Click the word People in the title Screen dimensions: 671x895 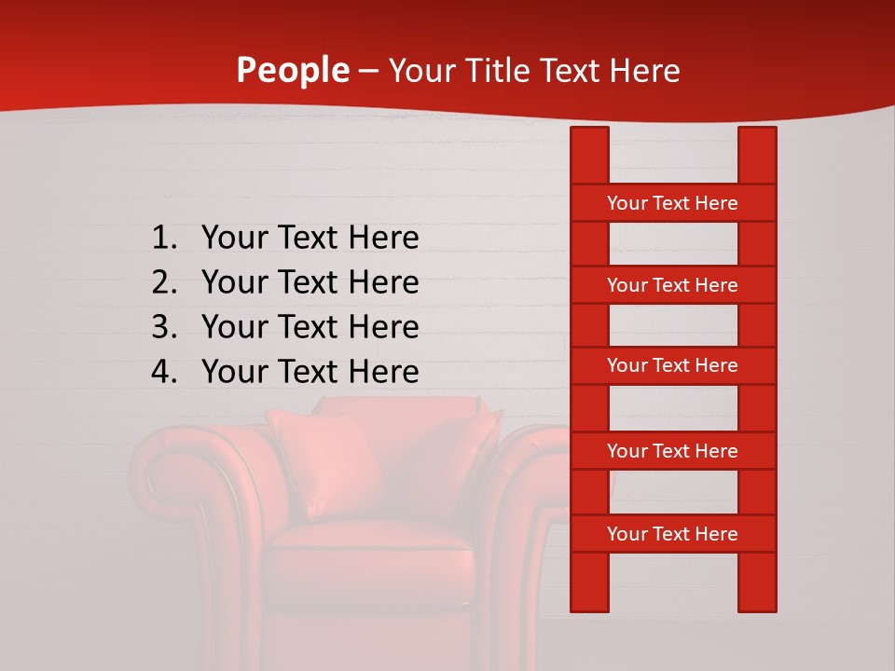[293, 70]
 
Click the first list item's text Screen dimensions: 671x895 [310, 239]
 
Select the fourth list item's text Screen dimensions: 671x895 [310, 372]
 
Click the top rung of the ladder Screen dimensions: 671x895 [672, 203]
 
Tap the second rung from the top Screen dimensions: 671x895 [672, 285]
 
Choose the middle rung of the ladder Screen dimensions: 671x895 [672, 365]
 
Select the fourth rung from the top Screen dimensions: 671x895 [672, 451]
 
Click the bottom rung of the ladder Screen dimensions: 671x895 [672, 534]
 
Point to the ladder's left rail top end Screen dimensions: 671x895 [589, 135]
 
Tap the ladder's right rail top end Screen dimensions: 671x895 [757, 135]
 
